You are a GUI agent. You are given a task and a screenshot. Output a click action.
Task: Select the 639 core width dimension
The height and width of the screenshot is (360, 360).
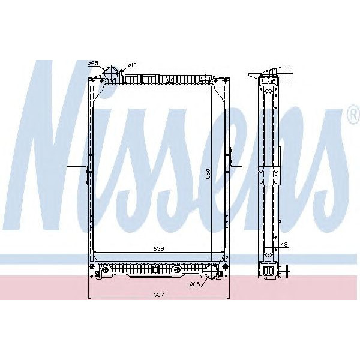[x=158, y=248]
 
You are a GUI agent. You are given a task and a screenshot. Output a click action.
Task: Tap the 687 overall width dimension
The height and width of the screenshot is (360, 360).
[x=158, y=295]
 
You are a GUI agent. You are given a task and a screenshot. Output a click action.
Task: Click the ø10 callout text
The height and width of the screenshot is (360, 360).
[x=132, y=65]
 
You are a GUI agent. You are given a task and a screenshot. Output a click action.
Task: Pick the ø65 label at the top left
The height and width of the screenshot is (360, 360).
[x=92, y=63]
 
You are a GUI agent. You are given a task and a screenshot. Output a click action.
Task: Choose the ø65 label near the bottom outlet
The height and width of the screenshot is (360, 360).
[x=194, y=284]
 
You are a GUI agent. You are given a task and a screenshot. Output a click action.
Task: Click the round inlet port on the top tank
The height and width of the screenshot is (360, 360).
[x=112, y=73]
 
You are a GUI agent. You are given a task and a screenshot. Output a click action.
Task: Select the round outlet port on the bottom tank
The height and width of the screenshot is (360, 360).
[x=211, y=272]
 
